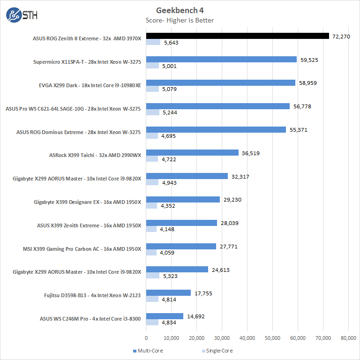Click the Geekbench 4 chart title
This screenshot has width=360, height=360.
pyautogui.click(x=180, y=10)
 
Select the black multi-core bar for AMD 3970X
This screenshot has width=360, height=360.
pyautogui.click(x=238, y=36)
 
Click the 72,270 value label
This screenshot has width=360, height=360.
pyautogui.click(x=341, y=36)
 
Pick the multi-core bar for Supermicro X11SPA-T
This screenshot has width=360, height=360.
pyautogui.click(x=221, y=60)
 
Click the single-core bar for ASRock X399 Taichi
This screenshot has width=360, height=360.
pyautogui.click(x=152, y=159)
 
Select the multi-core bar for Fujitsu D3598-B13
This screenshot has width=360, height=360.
pyautogui.click(x=168, y=293)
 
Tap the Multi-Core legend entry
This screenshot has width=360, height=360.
pyautogui.click(x=149, y=351)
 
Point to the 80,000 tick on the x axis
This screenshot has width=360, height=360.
pyautogui.click(x=348, y=337)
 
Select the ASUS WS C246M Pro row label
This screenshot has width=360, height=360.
pyautogui.click(x=90, y=319)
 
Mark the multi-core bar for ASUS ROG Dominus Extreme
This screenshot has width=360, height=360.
pyautogui.click(x=216, y=129)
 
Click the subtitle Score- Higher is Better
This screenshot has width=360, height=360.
pyautogui.click(x=180, y=20)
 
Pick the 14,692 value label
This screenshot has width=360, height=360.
pyautogui.click(x=195, y=316)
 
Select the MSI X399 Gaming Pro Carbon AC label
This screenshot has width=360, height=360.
pyautogui.click(x=82, y=249)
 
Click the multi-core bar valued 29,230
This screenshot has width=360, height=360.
pyautogui.click(x=183, y=200)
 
